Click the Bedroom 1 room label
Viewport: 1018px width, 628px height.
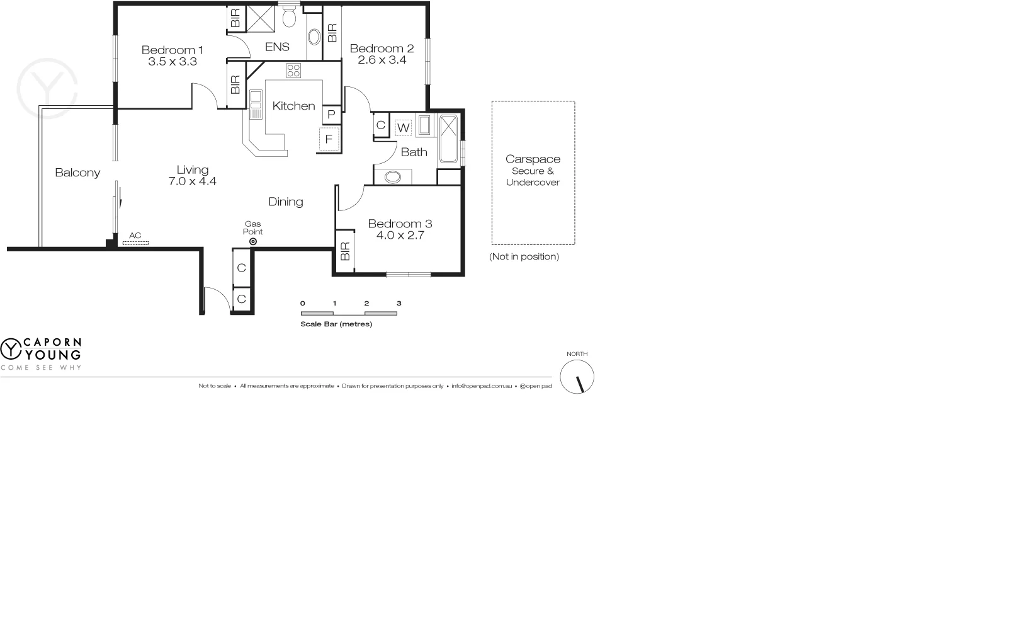click(172, 50)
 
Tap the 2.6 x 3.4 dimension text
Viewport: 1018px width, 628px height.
click(382, 60)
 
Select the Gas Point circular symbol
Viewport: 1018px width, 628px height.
click(253, 241)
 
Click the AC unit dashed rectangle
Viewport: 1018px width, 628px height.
click(135, 242)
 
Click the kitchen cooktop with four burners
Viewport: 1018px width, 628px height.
click(293, 71)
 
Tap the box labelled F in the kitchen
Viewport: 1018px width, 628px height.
click(329, 139)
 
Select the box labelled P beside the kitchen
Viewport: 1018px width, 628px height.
click(331, 115)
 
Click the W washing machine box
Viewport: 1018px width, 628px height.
click(403, 128)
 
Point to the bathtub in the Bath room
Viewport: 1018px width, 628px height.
click(449, 139)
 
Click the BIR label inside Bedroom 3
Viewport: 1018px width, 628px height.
click(344, 252)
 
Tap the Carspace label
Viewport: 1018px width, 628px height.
click(533, 159)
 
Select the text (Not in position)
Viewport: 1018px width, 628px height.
click(524, 256)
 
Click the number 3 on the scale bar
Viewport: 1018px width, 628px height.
click(399, 303)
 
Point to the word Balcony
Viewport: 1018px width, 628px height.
click(77, 173)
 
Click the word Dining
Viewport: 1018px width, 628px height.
click(285, 202)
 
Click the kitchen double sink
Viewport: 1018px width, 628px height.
click(256, 104)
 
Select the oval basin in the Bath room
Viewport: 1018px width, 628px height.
click(393, 177)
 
